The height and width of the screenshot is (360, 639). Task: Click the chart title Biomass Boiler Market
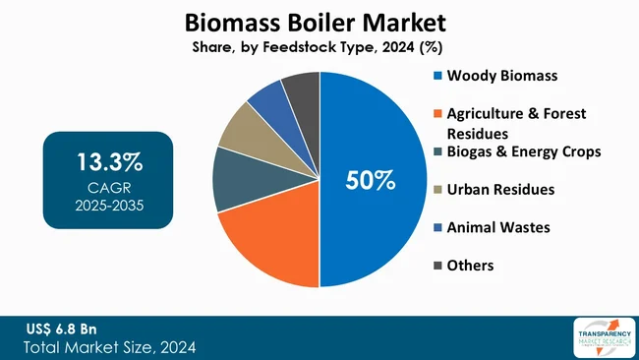[320, 21]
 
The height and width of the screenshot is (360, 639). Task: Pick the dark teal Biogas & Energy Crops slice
[236, 179]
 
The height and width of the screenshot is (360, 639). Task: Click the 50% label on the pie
[369, 180]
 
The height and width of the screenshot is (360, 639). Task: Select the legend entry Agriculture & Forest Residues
[515, 122]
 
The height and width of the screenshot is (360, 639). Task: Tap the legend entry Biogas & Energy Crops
[523, 150]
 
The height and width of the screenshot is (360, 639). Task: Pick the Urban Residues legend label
[500, 189]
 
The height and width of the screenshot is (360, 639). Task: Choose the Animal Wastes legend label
[498, 227]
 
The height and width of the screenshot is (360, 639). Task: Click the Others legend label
[470, 266]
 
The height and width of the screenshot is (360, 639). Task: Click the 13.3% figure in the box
[107, 160]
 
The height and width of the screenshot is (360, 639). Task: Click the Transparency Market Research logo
[602, 337]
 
